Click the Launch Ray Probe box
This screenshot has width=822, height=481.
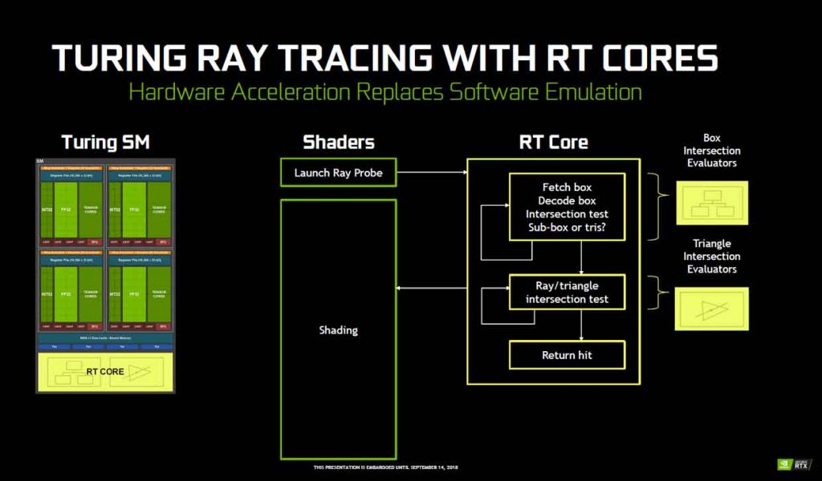click(x=338, y=172)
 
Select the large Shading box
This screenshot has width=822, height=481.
click(x=338, y=330)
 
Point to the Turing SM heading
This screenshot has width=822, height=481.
click(x=105, y=143)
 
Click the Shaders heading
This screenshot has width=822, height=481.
click(x=338, y=143)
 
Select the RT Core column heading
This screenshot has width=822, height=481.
click(x=554, y=143)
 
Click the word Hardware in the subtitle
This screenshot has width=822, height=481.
click(x=176, y=91)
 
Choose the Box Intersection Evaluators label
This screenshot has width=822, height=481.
click(x=711, y=151)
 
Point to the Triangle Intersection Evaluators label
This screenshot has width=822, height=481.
click(x=711, y=257)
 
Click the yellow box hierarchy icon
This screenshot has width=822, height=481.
click(x=711, y=203)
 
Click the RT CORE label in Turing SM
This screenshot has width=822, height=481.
click(x=105, y=371)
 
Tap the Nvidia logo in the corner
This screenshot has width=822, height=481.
click(x=784, y=464)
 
